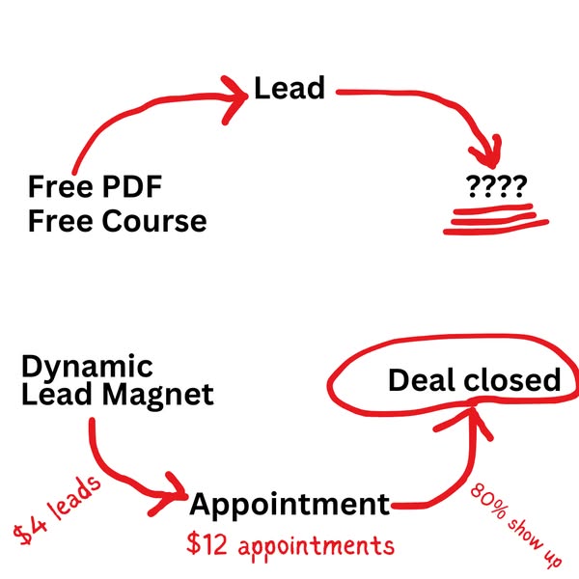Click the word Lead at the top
289,89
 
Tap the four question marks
496,186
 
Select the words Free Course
117,221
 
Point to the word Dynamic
87,367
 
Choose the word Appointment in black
289,504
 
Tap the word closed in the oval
512,380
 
